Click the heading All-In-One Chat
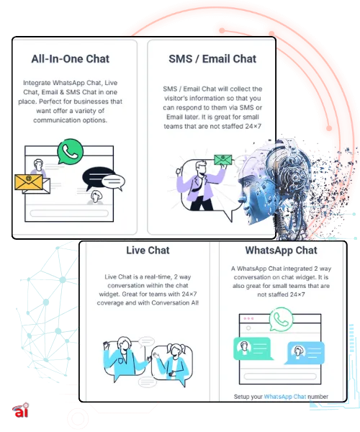71,59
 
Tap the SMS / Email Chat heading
212,59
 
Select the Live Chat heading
148,250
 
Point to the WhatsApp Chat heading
282,250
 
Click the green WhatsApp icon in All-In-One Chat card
71,151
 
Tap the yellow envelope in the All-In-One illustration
29,182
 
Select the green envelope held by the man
222,159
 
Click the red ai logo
21,410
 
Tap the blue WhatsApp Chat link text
285,397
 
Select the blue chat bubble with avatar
305,353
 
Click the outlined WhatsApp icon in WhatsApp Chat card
281,319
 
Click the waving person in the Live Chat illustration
124,357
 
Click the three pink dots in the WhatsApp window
248,318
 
